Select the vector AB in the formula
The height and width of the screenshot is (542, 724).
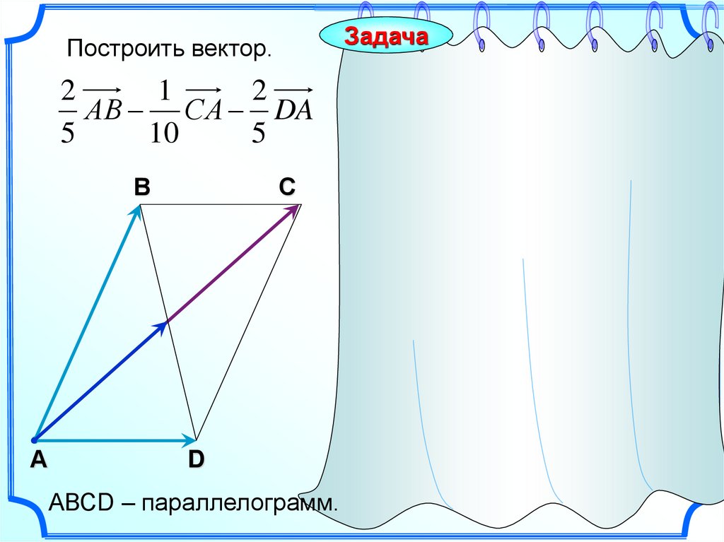tap(103, 110)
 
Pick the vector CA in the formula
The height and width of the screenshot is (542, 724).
tap(204, 110)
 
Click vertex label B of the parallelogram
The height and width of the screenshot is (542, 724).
tap(142, 187)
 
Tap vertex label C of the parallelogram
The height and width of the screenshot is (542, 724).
tap(286, 187)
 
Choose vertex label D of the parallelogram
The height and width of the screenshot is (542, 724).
tap(196, 460)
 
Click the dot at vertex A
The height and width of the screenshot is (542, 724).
tap(34, 440)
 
